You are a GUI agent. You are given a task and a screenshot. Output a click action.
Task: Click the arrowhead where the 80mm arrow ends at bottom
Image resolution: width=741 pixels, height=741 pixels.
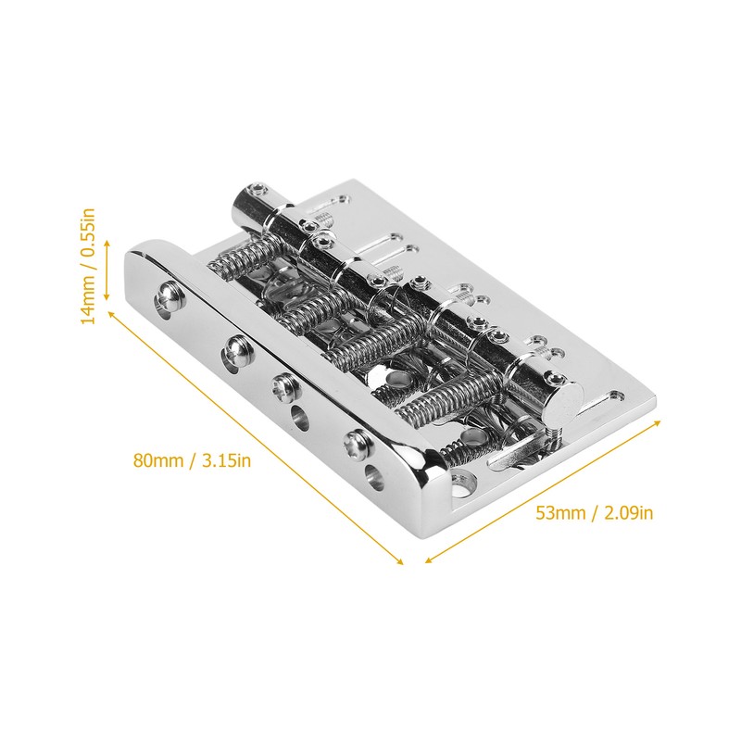point(400,561)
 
